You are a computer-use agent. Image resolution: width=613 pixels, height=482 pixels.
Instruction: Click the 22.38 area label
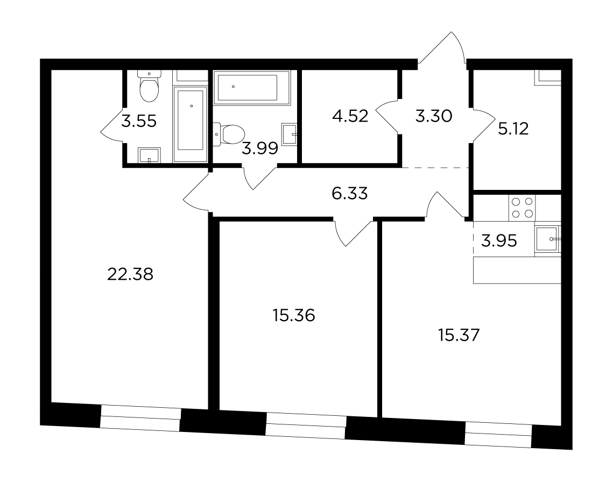(x=130, y=274)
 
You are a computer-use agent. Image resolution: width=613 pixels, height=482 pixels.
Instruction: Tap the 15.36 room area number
(x=294, y=315)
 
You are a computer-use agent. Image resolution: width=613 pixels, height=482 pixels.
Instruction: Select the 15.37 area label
(x=459, y=335)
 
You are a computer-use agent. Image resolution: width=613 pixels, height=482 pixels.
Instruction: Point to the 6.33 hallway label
(x=349, y=194)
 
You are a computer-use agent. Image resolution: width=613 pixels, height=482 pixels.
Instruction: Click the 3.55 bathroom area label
(x=139, y=121)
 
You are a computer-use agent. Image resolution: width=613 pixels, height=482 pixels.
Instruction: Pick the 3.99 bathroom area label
(x=260, y=148)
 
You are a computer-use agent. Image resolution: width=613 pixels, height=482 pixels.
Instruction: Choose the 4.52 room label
(x=350, y=116)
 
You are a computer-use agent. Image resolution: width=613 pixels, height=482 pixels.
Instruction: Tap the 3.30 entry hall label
(x=434, y=116)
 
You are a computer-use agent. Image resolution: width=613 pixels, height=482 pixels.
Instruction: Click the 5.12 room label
(x=513, y=129)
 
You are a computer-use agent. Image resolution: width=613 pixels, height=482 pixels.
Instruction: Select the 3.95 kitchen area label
(x=499, y=241)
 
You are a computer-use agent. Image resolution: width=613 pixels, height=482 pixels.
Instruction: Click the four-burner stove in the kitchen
(x=522, y=208)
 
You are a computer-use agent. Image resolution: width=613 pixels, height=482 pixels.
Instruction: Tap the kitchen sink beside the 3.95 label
(x=547, y=239)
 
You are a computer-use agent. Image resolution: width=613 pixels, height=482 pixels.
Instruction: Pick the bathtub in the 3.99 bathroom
(x=252, y=88)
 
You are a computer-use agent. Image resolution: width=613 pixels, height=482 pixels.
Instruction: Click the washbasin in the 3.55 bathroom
(x=149, y=155)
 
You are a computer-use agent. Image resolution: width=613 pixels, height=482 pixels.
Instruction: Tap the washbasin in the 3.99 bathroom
(x=290, y=134)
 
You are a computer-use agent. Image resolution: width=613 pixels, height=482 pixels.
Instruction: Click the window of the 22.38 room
(x=140, y=419)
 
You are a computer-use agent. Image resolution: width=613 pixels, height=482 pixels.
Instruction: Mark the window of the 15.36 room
(x=306, y=427)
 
